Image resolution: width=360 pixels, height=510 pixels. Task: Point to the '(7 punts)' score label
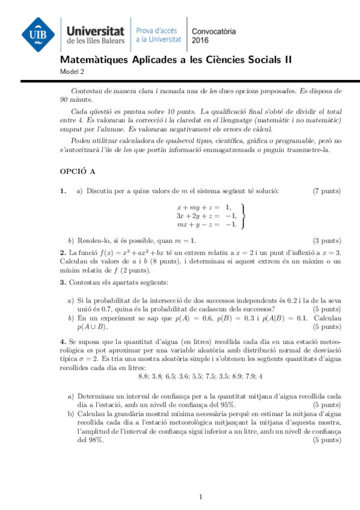[x=327, y=191]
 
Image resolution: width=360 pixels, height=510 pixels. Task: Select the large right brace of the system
[x=242, y=216]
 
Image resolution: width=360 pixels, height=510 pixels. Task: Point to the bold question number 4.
[x=63, y=342]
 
